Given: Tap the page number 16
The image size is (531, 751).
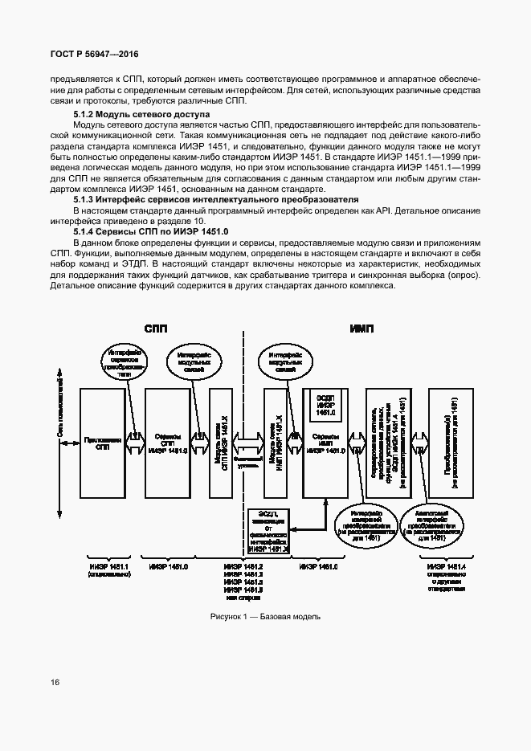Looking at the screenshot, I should [54, 683].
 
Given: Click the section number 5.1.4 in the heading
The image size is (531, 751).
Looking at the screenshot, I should [85, 231].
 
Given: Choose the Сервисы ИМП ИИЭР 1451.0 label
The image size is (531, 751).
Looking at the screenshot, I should [326, 452].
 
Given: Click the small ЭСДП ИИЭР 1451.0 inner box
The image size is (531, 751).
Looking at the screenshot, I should [326, 406].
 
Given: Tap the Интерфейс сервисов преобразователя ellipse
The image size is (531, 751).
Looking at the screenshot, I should [123, 357].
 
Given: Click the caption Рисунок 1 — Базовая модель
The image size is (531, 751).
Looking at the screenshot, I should [265, 617].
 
